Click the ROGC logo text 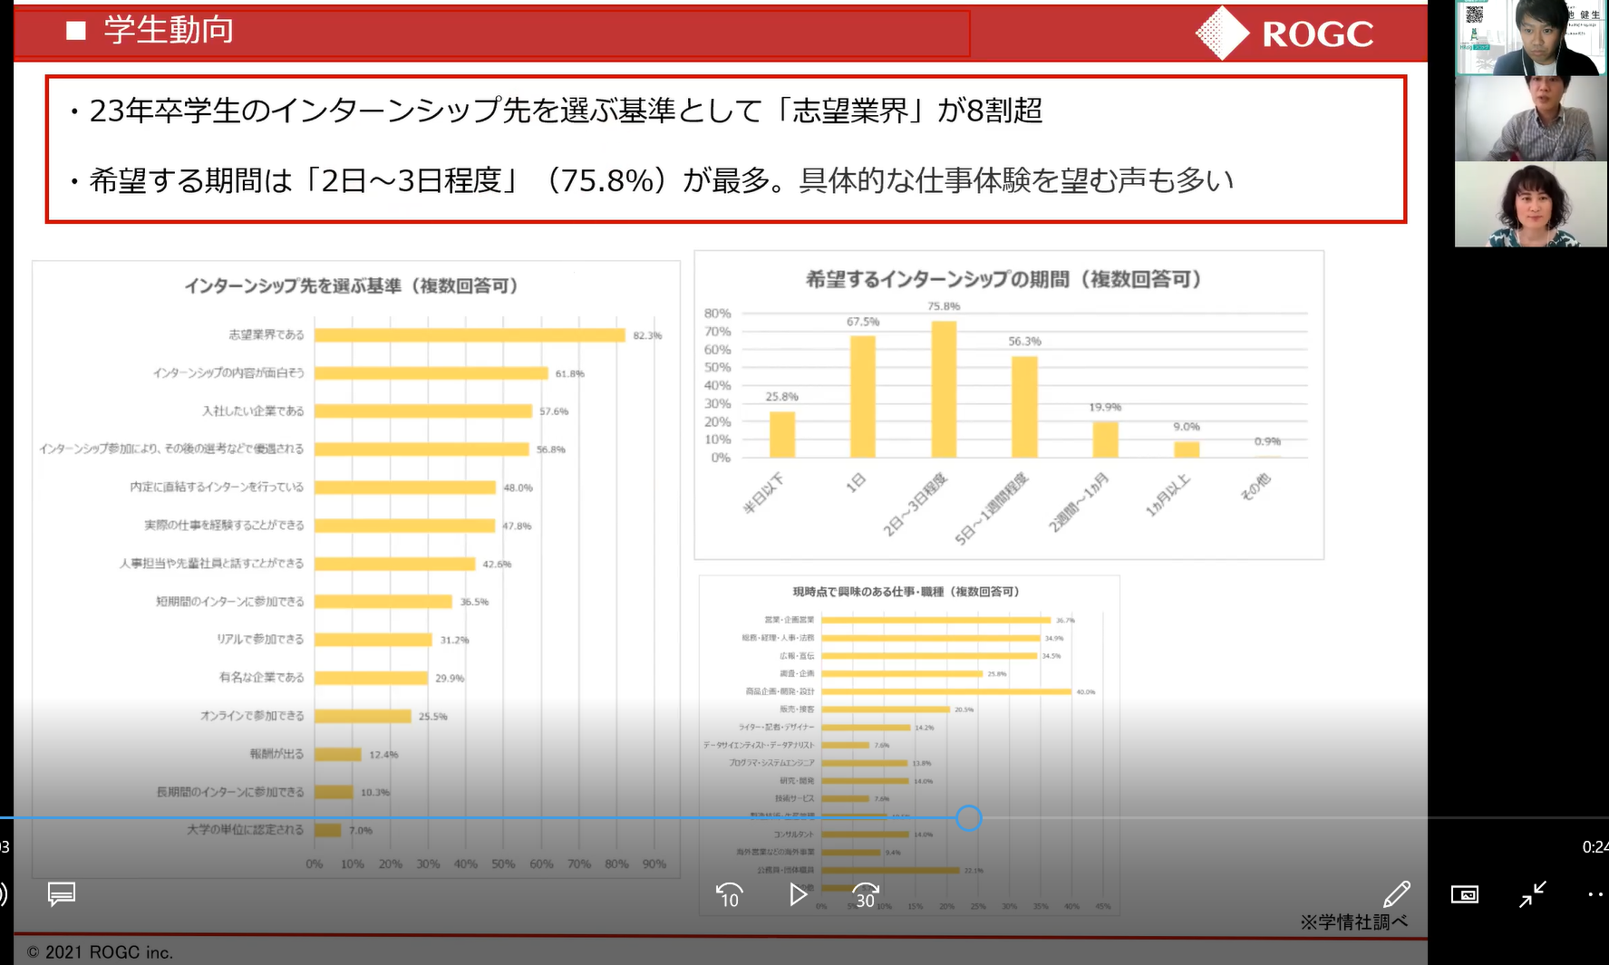(x=1317, y=34)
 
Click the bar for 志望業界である (x=470, y=335)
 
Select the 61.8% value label (x=569, y=373)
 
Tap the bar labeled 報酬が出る (x=338, y=754)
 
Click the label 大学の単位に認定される (x=245, y=829)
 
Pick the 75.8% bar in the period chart (x=944, y=390)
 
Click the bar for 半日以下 (x=781, y=435)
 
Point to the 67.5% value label (x=862, y=322)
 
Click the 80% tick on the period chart (x=717, y=314)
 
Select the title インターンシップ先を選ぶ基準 (x=352, y=286)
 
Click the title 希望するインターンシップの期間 (x=1003, y=279)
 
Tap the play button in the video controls (x=798, y=895)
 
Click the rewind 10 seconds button (x=730, y=895)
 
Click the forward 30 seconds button (x=866, y=895)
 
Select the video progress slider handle (x=969, y=818)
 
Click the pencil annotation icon (x=1396, y=894)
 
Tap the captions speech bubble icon (x=62, y=894)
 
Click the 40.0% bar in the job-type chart (x=946, y=691)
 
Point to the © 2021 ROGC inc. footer (x=100, y=952)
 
